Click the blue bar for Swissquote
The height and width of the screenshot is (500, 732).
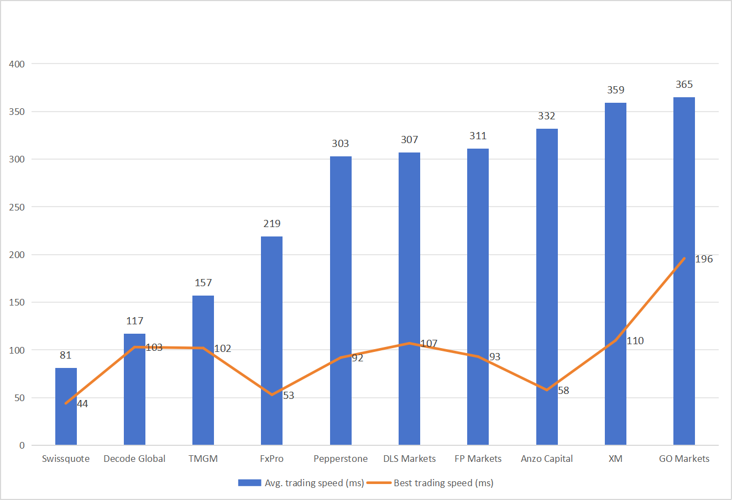66,420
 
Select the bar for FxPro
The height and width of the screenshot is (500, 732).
271,331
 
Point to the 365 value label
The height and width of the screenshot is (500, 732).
684,85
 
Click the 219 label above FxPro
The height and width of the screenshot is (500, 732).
271,224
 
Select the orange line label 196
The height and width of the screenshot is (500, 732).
704,259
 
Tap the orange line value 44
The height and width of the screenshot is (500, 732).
82,404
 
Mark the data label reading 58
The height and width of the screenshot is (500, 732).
563,391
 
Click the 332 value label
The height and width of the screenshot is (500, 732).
546,116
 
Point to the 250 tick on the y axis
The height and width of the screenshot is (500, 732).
17,207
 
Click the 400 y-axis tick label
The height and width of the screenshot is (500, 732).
17,64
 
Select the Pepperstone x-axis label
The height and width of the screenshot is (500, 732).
341,459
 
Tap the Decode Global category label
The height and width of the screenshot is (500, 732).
134,459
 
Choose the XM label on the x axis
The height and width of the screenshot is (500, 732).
615,459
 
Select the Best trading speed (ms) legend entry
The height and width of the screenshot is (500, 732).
443,483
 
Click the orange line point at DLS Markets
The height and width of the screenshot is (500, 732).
409,343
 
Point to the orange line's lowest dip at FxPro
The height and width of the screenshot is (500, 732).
271,394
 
